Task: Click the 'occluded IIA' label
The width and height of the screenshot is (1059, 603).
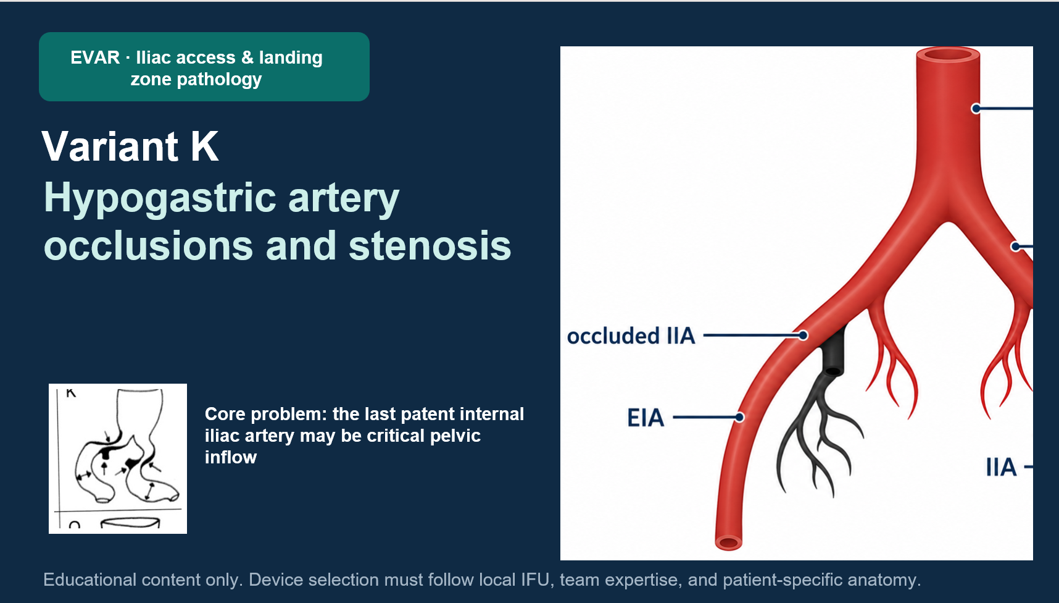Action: pyautogui.click(x=631, y=336)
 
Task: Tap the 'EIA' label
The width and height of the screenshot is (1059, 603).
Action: pyautogui.click(x=646, y=418)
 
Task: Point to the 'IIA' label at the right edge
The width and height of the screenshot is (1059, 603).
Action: pyautogui.click(x=1001, y=467)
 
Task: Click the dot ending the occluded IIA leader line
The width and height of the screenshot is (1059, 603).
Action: pyautogui.click(x=803, y=335)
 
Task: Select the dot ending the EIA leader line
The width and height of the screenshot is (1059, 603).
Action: pyautogui.click(x=739, y=417)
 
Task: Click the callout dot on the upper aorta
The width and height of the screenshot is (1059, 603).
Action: pyautogui.click(x=976, y=109)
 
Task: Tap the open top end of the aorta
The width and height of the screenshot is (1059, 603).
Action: pyautogui.click(x=948, y=55)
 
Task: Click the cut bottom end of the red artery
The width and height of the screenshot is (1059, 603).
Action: pyautogui.click(x=728, y=542)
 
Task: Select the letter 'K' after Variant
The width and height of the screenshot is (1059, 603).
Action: pyautogui.click(x=204, y=146)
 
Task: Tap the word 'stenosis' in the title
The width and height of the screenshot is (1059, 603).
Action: pyautogui.click(x=430, y=246)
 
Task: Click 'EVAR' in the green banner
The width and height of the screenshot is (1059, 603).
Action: pyautogui.click(x=95, y=57)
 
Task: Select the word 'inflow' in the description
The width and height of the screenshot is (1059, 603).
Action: pyautogui.click(x=231, y=457)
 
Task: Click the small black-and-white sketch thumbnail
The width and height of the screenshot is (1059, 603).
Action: pyautogui.click(x=118, y=458)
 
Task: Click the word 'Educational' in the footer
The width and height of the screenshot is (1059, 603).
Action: pyautogui.click(x=90, y=580)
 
